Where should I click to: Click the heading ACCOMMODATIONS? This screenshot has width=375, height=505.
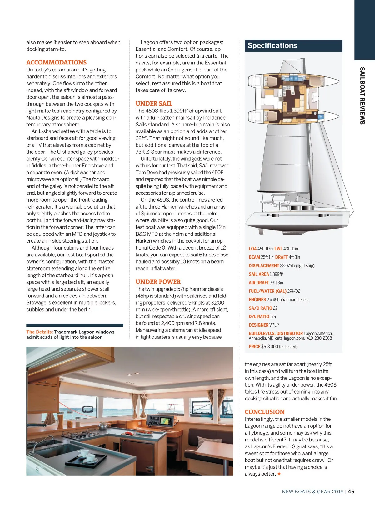56,63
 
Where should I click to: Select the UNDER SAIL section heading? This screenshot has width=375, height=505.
154,104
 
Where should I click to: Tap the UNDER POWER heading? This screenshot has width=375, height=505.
158,282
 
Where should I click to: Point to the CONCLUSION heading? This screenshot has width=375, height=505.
265,412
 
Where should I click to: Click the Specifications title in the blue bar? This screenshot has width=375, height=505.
272,46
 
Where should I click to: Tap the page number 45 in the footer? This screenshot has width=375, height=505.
351,492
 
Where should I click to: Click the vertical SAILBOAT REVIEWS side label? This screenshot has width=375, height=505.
362,95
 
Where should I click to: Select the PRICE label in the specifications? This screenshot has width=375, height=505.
254,347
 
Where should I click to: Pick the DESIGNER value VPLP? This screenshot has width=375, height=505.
274,325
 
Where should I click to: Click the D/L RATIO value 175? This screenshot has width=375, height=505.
273,317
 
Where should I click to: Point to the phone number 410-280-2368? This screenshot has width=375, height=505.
319,338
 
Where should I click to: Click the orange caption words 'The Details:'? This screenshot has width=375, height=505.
40,332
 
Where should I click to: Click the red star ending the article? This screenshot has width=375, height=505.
279,474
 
